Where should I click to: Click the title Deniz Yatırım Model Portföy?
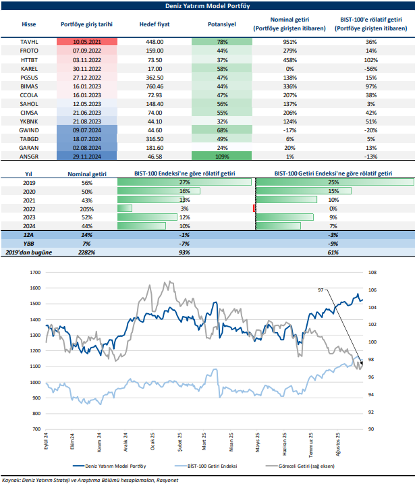click(x=208, y=6)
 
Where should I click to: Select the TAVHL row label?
click(x=29, y=42)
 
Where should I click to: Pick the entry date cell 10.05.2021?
click(x=86, y=42)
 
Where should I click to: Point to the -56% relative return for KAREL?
click(x=370, y=69)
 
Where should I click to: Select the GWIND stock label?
click(x=29, y=129)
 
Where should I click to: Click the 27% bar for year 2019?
click(x=184, y=182)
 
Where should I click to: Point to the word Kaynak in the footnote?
click(x=14, y=480)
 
